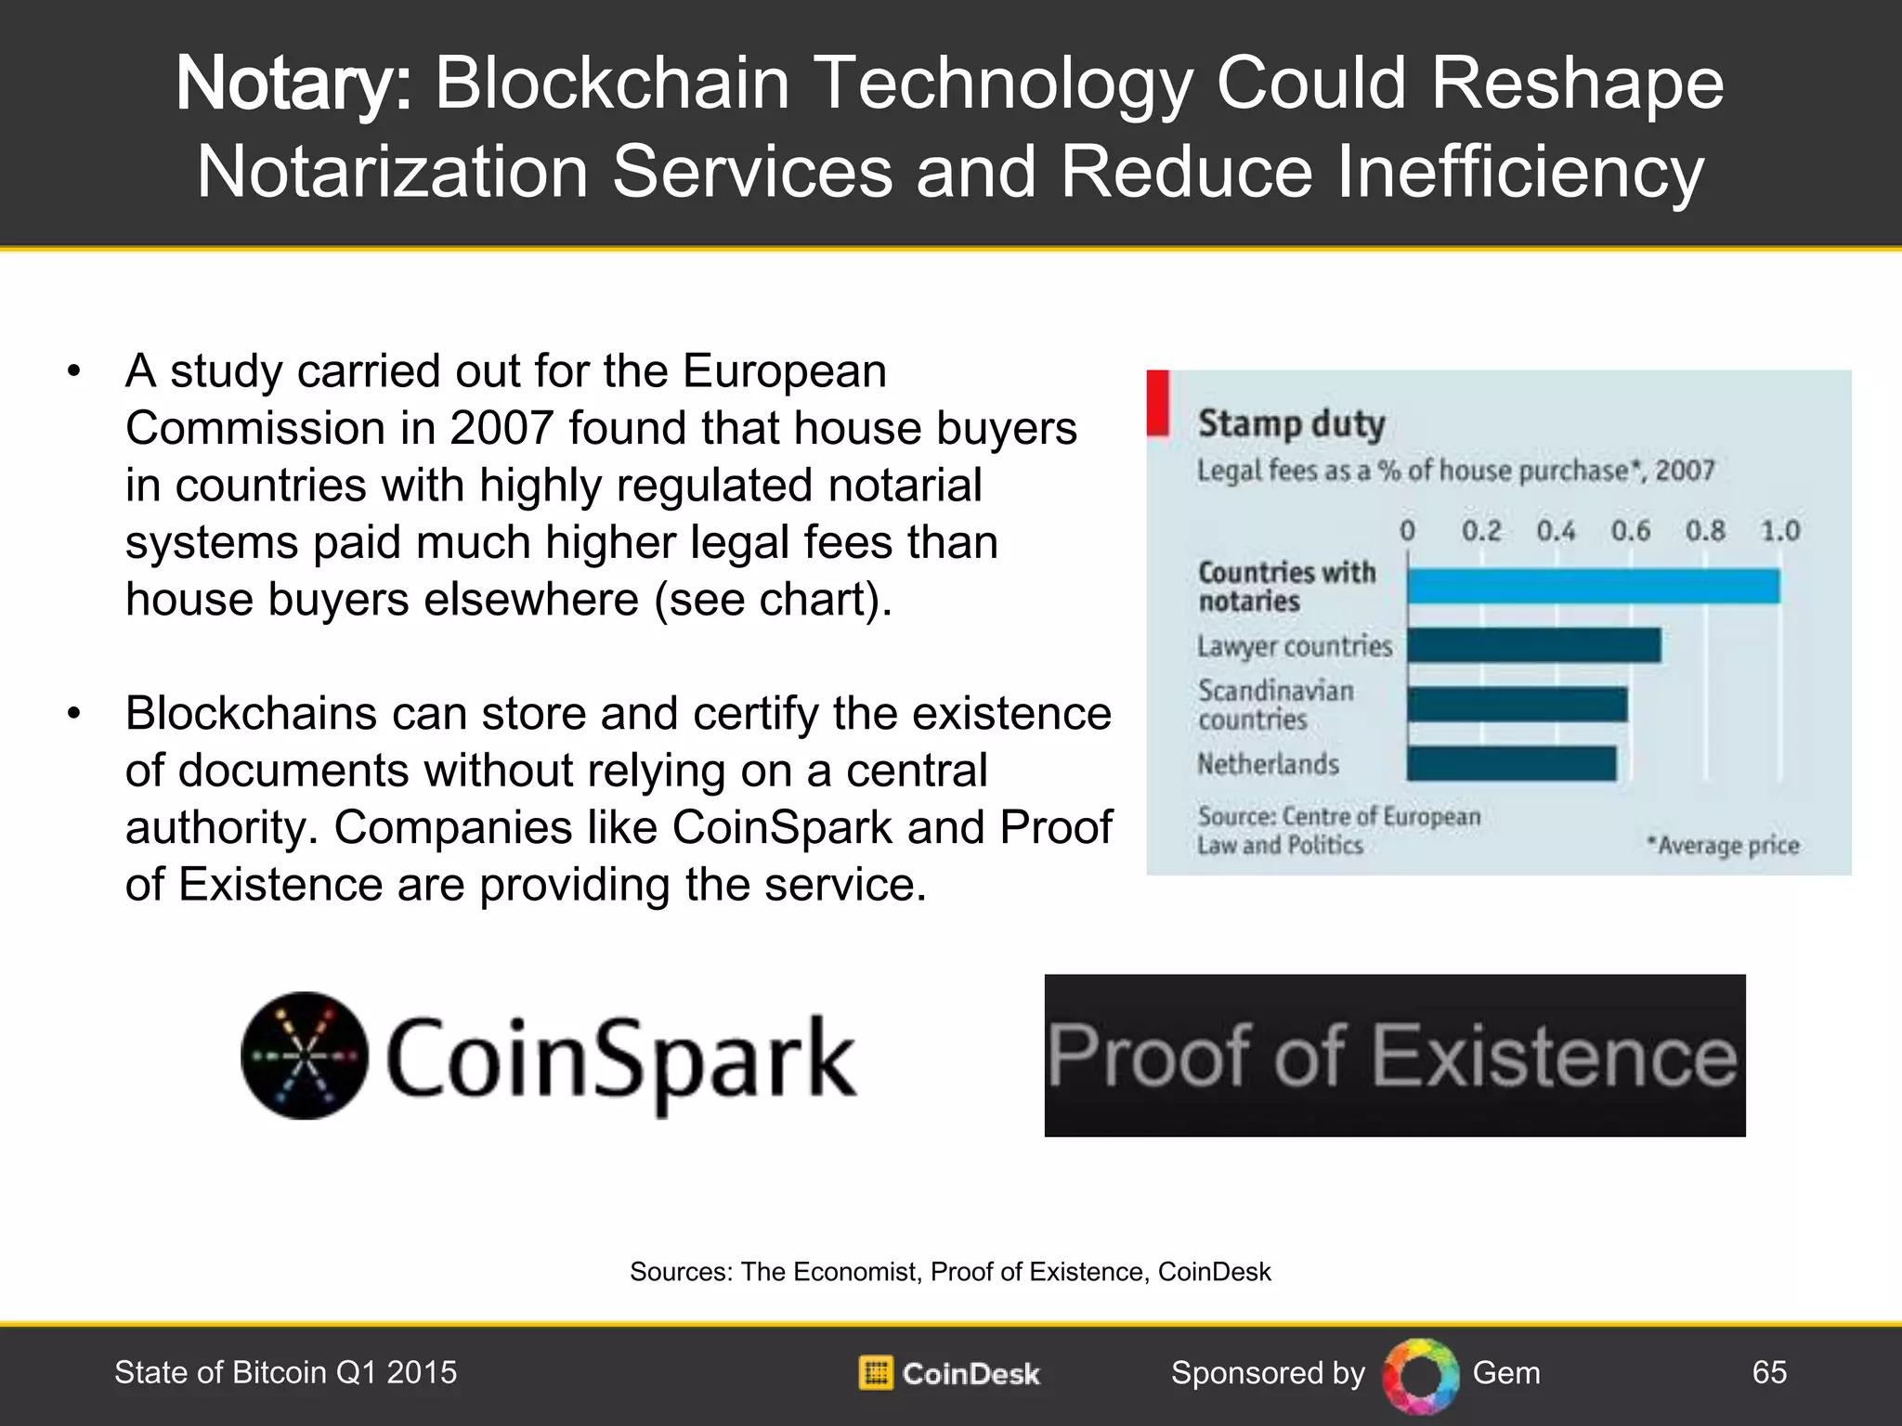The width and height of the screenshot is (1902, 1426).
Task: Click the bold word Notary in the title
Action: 293,84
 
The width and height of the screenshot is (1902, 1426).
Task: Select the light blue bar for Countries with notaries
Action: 1593,587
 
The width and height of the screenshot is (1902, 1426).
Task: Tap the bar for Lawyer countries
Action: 1533,645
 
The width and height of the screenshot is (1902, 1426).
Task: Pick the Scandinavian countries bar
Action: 1517,705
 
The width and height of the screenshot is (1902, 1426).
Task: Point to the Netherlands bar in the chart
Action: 1511,764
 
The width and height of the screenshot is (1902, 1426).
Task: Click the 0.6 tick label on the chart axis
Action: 1630,531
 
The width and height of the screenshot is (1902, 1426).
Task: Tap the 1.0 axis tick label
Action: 1779,531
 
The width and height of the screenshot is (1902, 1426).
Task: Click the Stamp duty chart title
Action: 1291,424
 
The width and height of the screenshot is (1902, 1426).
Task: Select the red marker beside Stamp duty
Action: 1158,402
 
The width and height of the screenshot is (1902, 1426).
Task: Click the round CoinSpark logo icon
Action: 305,1056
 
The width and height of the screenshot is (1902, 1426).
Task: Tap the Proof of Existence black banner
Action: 1394,1056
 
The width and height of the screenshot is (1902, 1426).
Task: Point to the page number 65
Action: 1769,1372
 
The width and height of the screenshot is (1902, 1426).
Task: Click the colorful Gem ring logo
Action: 1420,1375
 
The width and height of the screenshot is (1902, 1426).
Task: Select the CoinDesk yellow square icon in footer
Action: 875,1373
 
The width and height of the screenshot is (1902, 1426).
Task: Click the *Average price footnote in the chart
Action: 1723,846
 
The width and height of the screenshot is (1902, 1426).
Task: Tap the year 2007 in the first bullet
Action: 502,429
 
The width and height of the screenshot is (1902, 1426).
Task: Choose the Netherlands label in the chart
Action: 1268,764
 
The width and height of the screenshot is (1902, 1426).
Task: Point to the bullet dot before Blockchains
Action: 74,714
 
